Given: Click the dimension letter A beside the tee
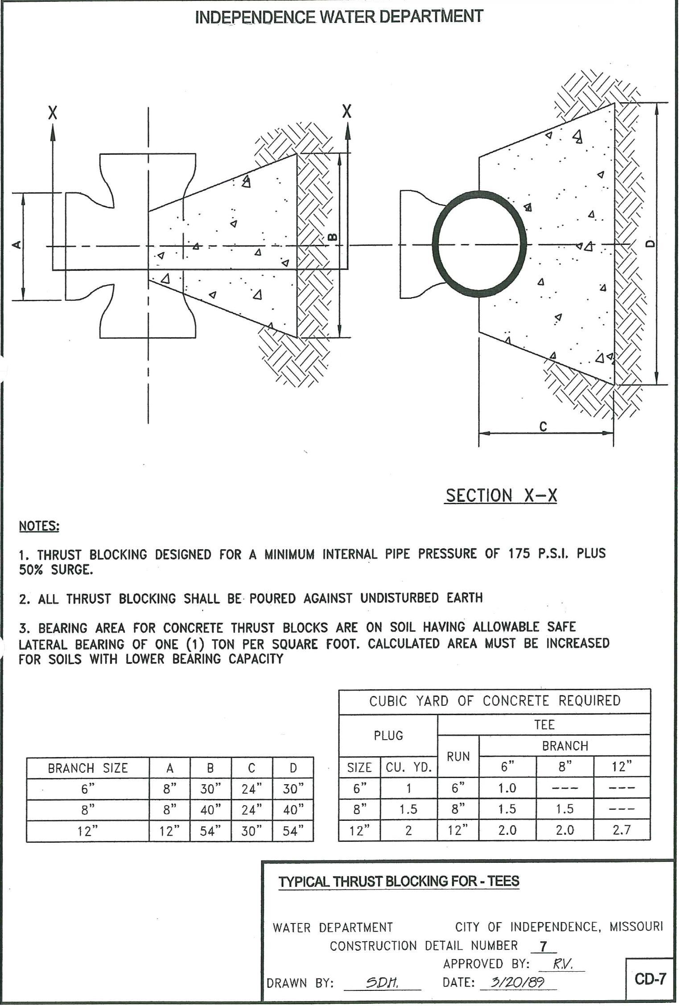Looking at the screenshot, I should pos(16,244).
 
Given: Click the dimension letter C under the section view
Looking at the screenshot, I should pos(543,426).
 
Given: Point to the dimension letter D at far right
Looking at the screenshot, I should pos(651,243).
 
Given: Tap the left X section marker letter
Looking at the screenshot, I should pos(53,112).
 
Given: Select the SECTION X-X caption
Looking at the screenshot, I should pos(501,496).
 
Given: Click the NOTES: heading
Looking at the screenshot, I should pos(39,526).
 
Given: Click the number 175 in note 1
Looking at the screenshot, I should pos(519,554).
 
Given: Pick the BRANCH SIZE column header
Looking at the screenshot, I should pos(88,768).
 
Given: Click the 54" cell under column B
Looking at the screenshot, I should pos(210,831).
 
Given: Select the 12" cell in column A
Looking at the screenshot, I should pos(169,831).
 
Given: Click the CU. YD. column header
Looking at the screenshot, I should pos(408,767).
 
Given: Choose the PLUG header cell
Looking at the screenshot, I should pos(388,735).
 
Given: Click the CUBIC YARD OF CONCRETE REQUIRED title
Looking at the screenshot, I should pos(495,701).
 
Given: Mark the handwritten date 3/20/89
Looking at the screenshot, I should pos(517,982).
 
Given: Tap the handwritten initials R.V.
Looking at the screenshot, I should pos(561,964).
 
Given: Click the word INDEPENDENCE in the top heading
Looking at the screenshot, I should pos(255,17).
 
